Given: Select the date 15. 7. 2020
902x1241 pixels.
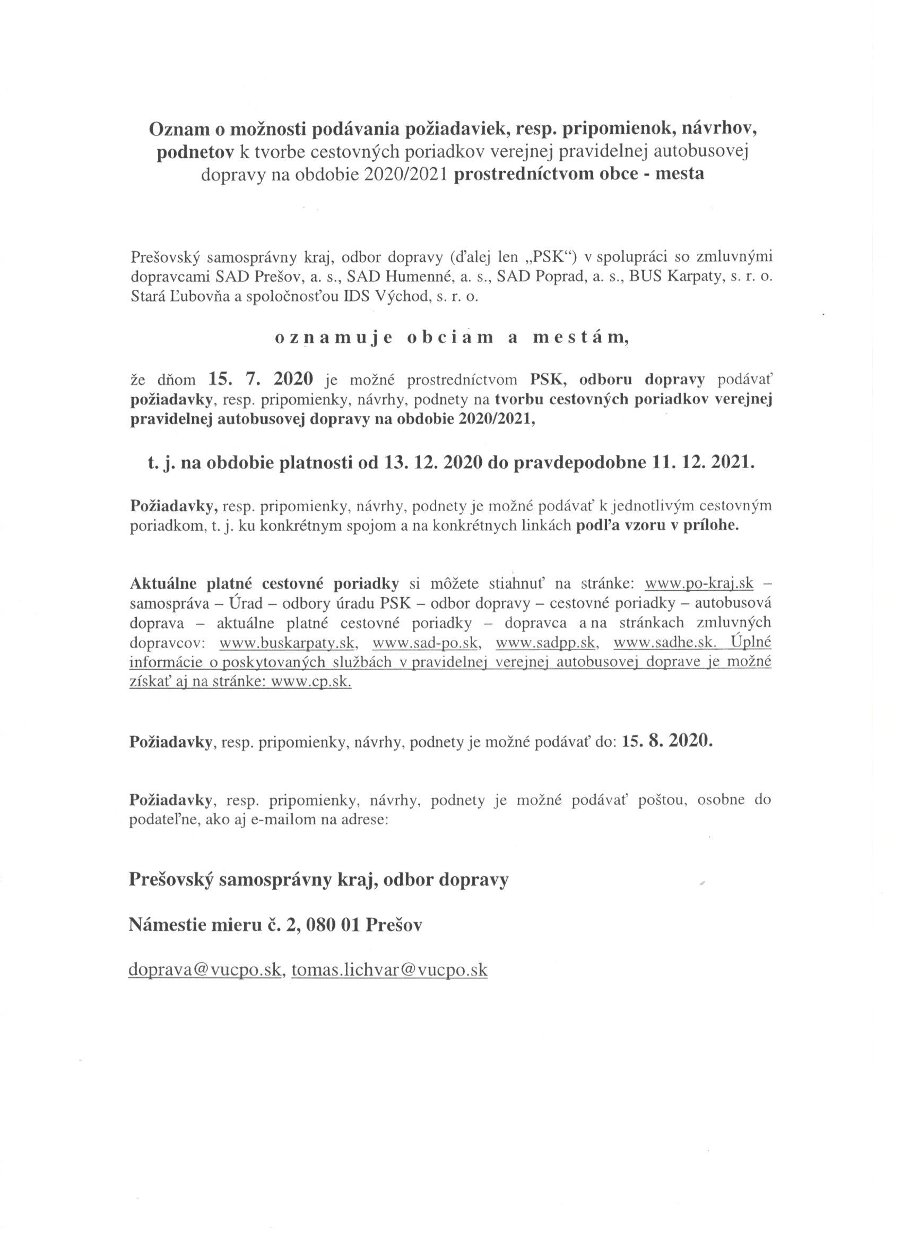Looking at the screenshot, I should pos(260,378).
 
